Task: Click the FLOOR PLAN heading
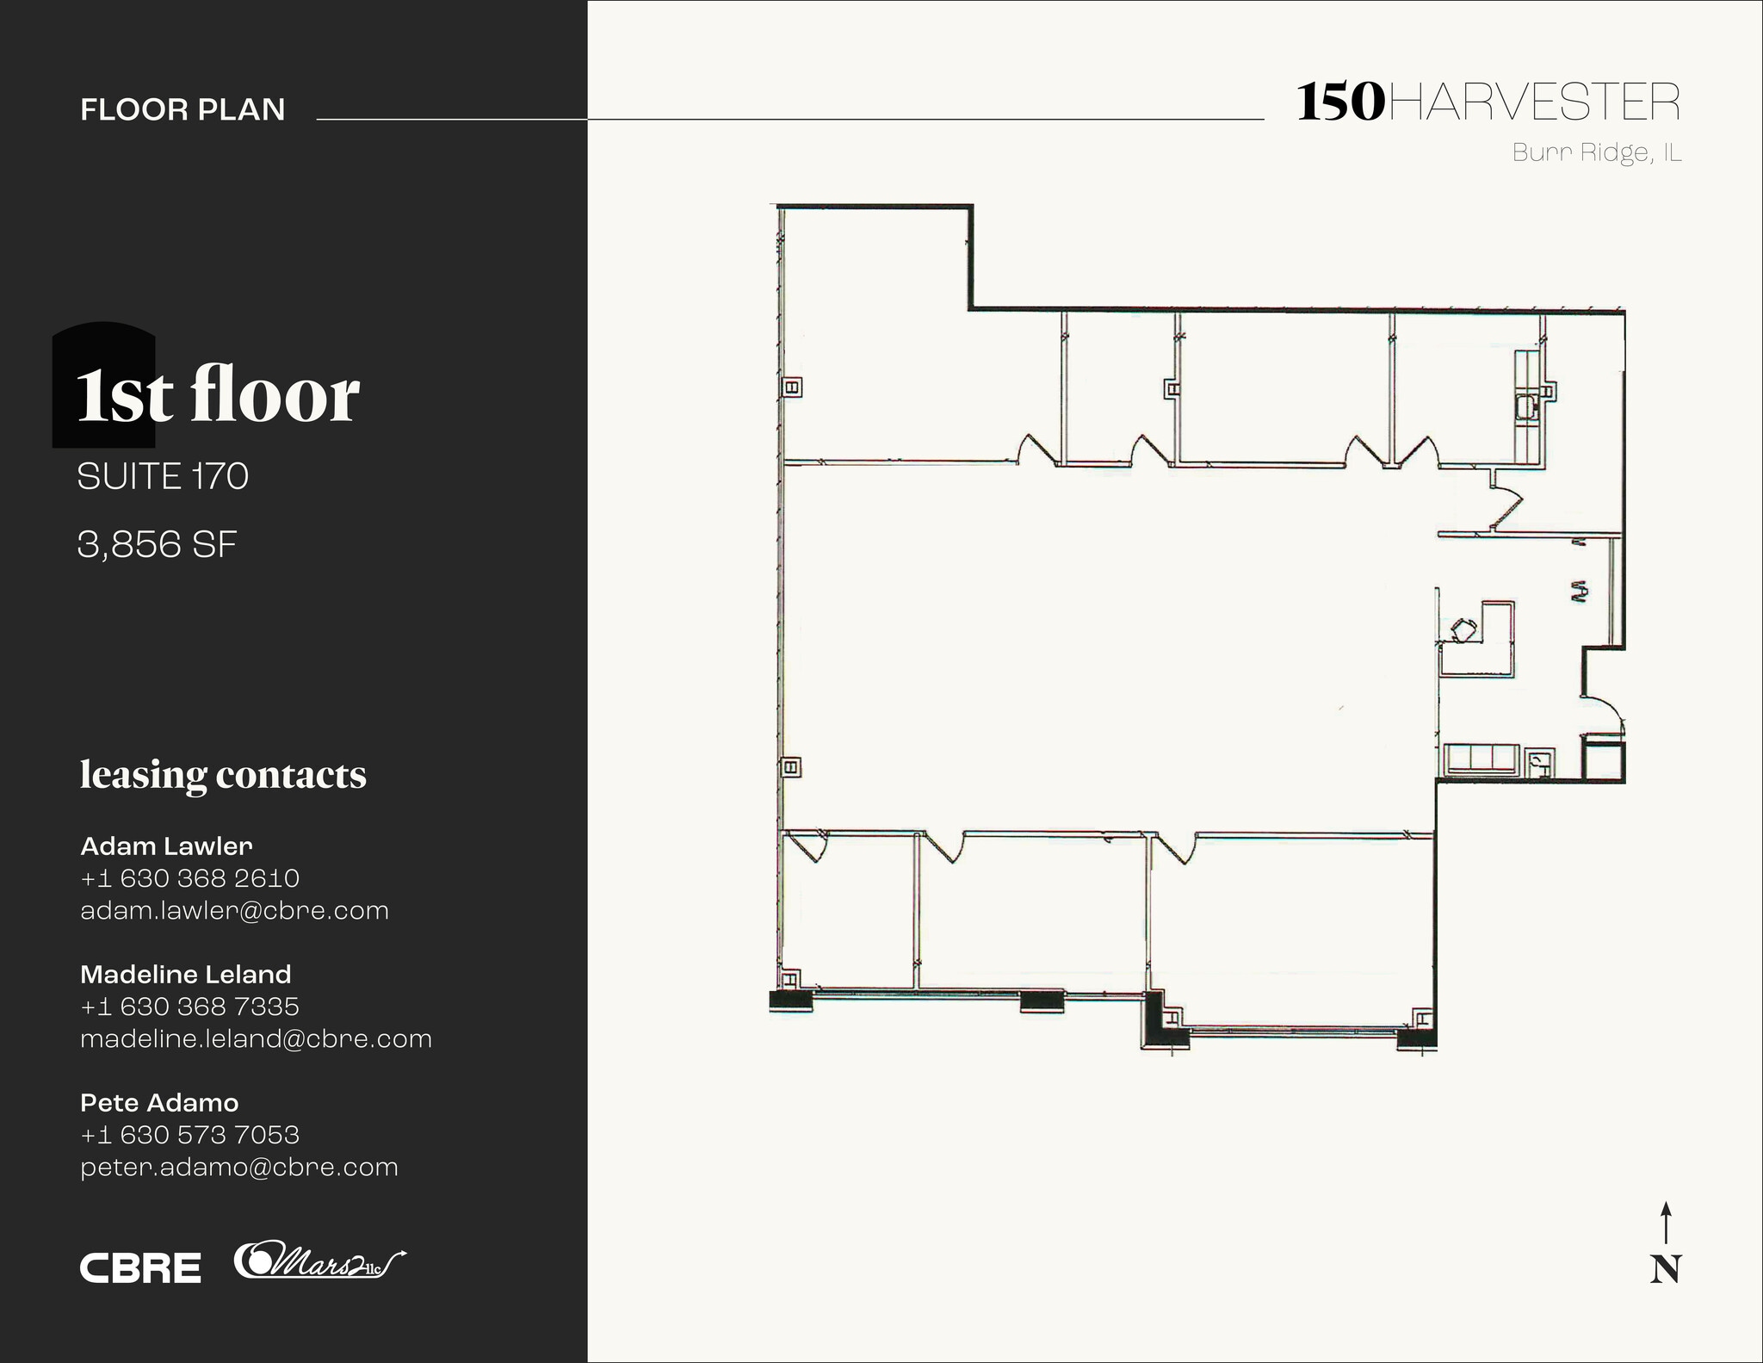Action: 182,110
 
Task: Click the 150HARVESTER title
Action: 1488,103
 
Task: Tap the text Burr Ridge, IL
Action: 1597,153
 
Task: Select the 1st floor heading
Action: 218,396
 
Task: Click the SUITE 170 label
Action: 163,476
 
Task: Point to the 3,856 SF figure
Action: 157,544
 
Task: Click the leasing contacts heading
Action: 223,774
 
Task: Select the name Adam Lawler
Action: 166,846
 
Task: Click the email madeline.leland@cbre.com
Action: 256,1039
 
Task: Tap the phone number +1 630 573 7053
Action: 189,1135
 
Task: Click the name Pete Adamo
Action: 159,1103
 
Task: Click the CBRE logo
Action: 140,1268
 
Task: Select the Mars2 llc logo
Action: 319,1261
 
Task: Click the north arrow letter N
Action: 1665,1269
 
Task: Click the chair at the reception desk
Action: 1463,629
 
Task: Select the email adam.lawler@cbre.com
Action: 234,911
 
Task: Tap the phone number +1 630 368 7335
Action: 189,1007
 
